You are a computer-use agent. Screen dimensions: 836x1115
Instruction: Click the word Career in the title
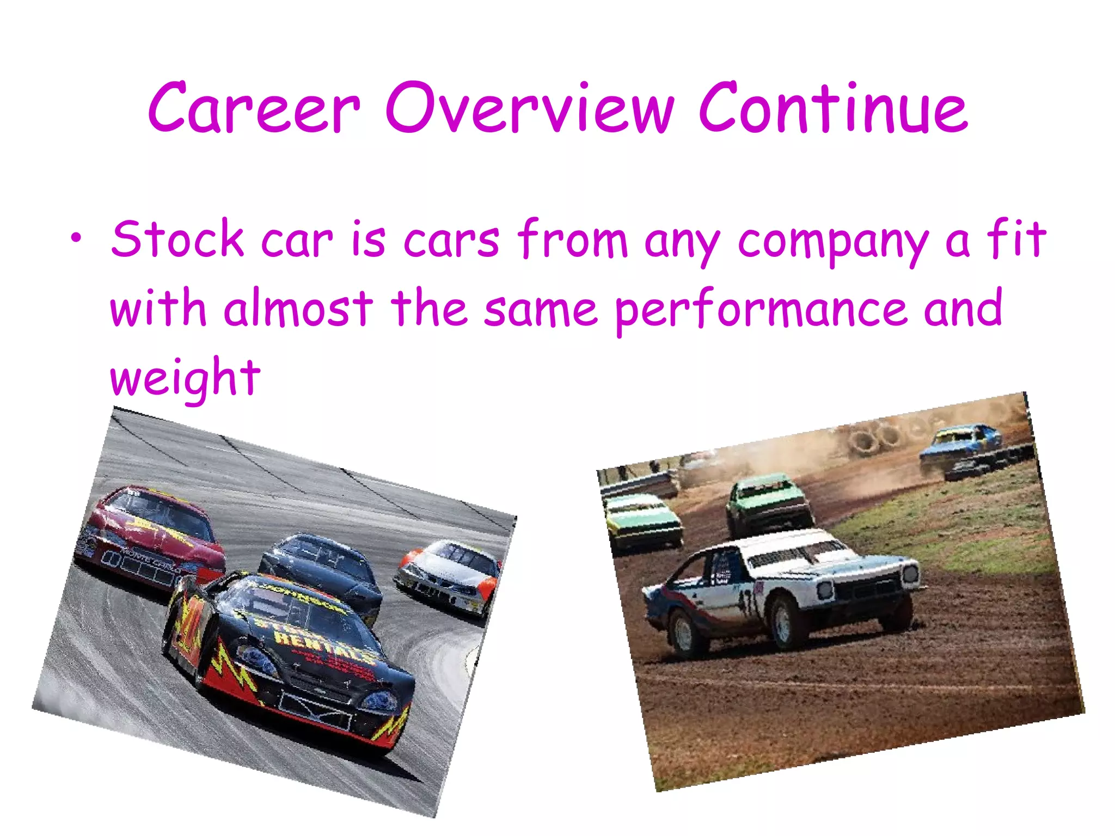coord(254,107)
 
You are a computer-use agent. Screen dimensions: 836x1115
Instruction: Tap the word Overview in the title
coord(530,107)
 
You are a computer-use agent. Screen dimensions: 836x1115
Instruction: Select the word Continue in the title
coord(833,107)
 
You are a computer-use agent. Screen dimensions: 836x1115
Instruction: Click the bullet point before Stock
coord(78,238)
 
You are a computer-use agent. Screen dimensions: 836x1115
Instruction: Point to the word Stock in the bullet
coord(177,239)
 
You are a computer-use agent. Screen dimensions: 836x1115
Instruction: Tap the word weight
coord(185,378)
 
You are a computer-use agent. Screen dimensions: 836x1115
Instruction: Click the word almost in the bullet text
coord(298,309)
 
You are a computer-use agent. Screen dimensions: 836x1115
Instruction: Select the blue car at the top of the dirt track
coord(961,449)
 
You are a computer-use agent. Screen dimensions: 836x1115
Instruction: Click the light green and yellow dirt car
coord(642,520)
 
